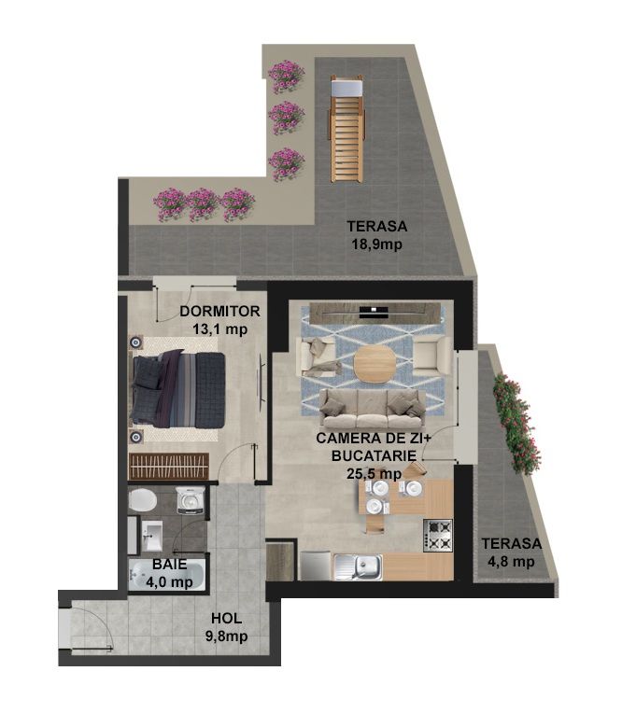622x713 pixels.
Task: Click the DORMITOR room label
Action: [x=219, y=312]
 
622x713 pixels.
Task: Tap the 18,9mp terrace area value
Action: [x=376, y=245]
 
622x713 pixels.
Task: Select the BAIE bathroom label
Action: [x=169, y=564]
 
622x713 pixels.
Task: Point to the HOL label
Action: [x=227, y=619]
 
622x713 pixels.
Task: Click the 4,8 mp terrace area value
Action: [x=512, y=562]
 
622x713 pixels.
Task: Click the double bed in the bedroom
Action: [x=177, y=390]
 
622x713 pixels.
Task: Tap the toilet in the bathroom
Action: [x=142, y=500]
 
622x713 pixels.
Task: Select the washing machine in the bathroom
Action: [x=190, y=500]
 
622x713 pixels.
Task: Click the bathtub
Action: [x=167, y=575]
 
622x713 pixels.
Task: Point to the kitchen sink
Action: [x=359, y=566]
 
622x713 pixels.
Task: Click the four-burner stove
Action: [x=438, y=535]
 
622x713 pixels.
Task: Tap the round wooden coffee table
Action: [x=375, y=363]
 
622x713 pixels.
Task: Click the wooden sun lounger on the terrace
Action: [x=347, y=128]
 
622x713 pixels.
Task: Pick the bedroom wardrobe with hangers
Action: [x=169, y=466]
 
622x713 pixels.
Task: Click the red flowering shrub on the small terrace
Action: [x=516, y=424]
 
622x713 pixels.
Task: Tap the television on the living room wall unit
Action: [x=375, y=312]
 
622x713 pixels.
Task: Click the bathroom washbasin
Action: [x=151, y=536]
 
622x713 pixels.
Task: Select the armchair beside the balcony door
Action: [x=431, y=353]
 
